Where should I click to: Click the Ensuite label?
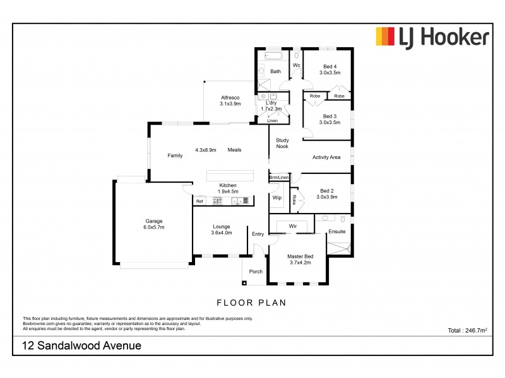[x=337, y=232]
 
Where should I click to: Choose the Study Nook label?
[x=282, y=143]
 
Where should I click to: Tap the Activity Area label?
[x=326, y=157]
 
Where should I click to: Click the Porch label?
[x=256, y=272]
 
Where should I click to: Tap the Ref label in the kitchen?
[x=199, y=201]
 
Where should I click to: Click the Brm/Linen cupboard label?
[x=279, y=178]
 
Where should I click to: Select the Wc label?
[x=295, y=66]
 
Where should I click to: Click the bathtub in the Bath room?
[x=275, y=57]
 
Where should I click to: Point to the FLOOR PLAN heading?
[x=251, y=302]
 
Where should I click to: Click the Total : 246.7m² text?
[x=467, y=329]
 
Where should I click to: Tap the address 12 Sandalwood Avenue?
[x=81, y=346]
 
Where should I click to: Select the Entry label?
[x=258, y=234]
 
